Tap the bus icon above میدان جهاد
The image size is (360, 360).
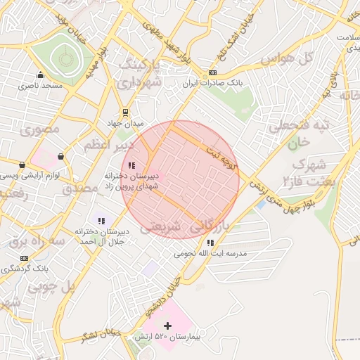tap(125, 112)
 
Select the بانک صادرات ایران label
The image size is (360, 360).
tap(212, 83)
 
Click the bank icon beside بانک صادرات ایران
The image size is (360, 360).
tap(212, 73)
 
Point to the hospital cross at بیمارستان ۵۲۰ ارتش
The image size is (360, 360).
tap(167, 326)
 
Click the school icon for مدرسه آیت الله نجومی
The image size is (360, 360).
tap(211, 243)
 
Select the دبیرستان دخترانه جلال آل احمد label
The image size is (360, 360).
tap(101, 236)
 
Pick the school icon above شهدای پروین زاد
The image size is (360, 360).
tap(131, 165)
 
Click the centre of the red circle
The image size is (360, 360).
tap(180, 179)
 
